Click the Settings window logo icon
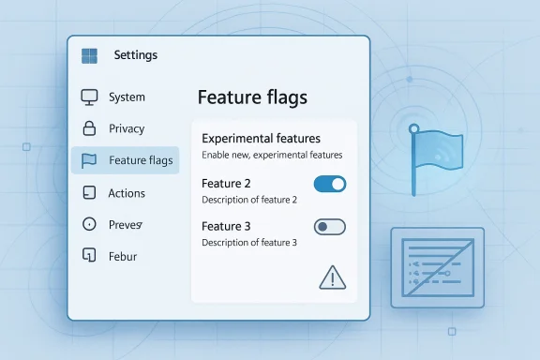(x=90, y=55)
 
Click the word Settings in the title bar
(x=135, y=55)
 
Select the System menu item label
(x=127, y=97)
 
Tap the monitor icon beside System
(x=90, y=97)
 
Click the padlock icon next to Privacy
(x=90, y=128)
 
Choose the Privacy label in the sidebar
(x=127, y=128)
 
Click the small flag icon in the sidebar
(x=90, y=160)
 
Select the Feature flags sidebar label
(x=141, y=160)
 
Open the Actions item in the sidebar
(x=127, y=193)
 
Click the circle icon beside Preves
(x=90, y=225)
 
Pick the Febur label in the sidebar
(x=124, y=256)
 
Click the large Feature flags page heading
(x=252, y=97)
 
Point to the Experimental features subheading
(x=261, y=138)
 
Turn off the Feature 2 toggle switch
(x=329, y=184)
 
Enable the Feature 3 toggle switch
(x=329, y=226)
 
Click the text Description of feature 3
(x=248, y=243)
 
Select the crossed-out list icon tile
(x=437, y=268)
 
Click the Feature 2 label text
(x=226, y=184)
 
